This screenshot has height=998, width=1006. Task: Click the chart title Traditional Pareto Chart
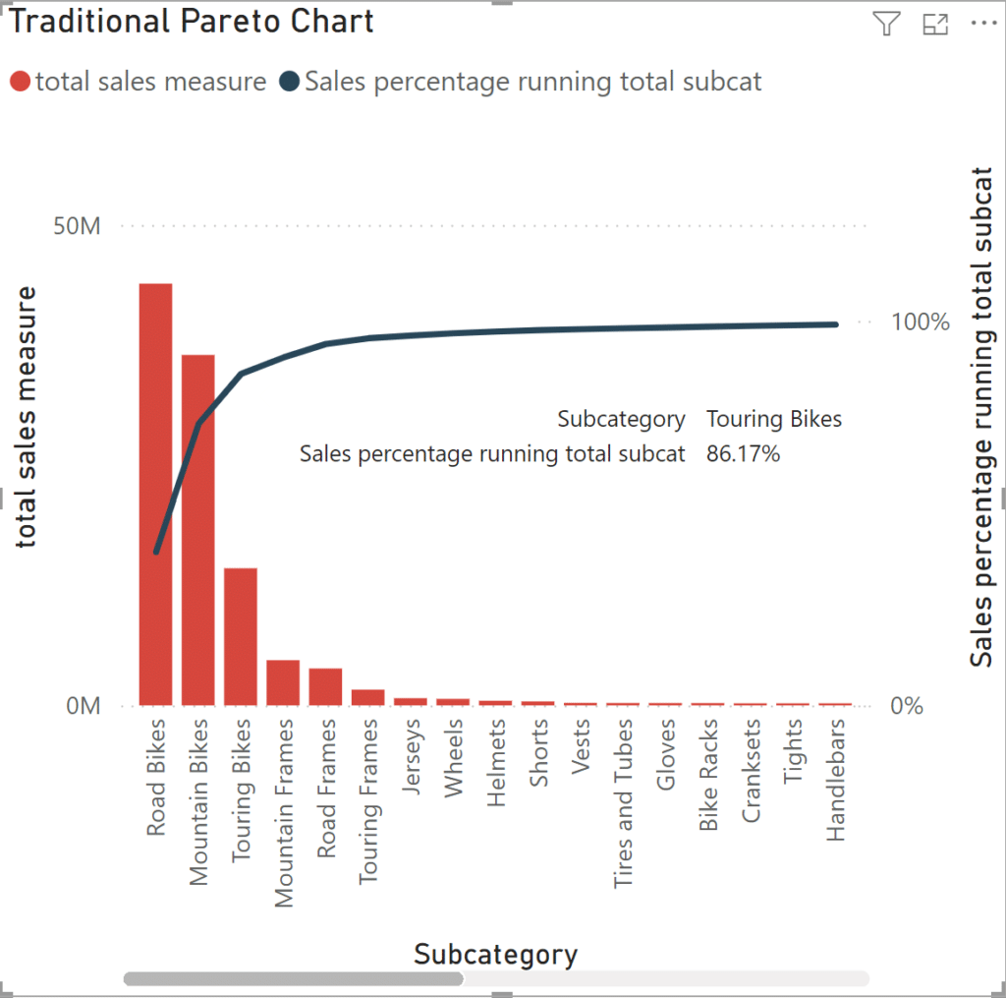[x=193, y=22]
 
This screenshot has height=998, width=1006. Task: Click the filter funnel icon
[x=886, y=25]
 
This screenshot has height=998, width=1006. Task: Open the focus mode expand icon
[x=935, y=25]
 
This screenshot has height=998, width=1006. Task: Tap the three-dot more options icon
[x=982, y=25]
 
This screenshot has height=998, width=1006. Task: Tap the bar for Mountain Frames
[x=283, y=682]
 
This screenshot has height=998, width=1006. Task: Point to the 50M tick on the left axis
[x=77, y=226]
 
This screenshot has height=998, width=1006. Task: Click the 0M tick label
[x=83, y=706]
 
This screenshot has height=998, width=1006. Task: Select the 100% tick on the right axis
[x=920, y=322]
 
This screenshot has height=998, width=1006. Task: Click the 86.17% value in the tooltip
[x=743, y=453]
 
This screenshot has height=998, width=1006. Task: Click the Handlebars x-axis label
[x=836, y=779]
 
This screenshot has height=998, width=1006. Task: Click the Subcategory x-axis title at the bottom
[x=495, y=954]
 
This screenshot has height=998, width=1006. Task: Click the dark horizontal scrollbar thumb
[x=293, y=978]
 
